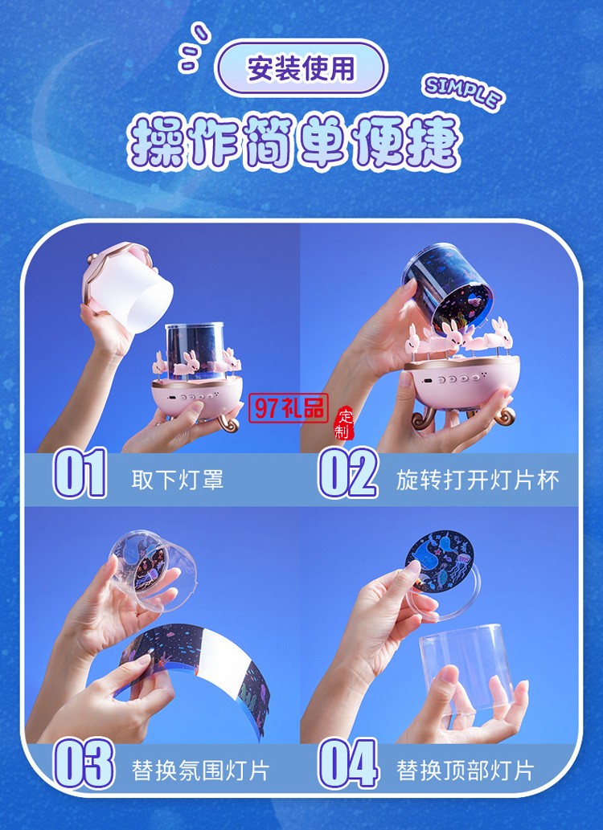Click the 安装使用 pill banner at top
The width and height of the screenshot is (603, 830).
tap(301, 69)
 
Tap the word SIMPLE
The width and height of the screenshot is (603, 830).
tap(463, 92)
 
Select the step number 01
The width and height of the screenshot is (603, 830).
tap(80, 473)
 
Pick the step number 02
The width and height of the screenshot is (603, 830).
tap(348, 473)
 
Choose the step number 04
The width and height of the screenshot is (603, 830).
tap(348, 763)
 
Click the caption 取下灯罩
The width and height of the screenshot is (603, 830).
tap(177, 480)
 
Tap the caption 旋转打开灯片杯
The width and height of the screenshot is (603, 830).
tap(477, 480)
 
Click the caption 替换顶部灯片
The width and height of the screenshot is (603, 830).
tap(465, 771)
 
